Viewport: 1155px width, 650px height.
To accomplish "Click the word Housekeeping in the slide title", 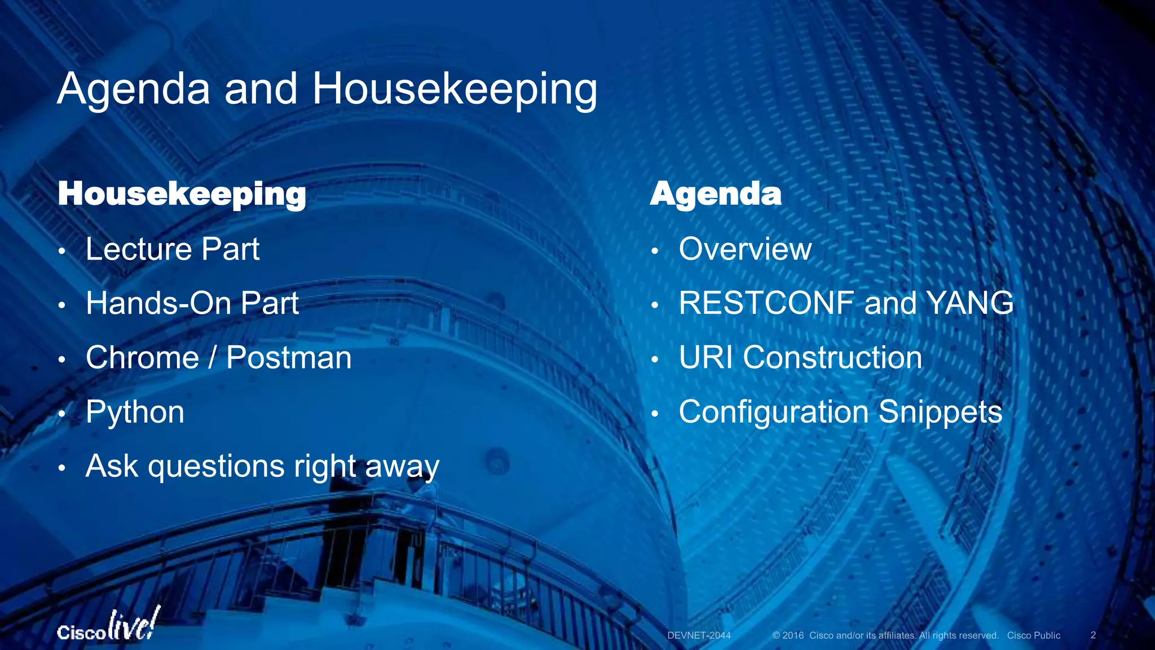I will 454,89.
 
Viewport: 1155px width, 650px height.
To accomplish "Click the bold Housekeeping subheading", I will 182,194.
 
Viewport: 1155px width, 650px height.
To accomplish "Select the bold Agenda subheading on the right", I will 716,194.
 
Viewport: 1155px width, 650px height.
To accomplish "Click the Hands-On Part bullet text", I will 192,303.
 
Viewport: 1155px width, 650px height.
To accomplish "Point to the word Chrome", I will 142,358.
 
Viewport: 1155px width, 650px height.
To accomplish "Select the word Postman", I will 289,358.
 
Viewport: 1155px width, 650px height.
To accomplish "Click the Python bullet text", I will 135,412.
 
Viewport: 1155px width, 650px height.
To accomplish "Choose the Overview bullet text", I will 745,249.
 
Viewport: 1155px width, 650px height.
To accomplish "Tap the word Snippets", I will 940,412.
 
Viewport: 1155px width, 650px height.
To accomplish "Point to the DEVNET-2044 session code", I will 699,635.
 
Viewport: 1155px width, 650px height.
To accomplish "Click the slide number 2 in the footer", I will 1093,635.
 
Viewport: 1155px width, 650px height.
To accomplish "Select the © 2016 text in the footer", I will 788,635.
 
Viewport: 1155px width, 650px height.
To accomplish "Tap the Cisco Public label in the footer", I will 1033,635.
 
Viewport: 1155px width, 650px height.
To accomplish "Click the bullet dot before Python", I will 63,414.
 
